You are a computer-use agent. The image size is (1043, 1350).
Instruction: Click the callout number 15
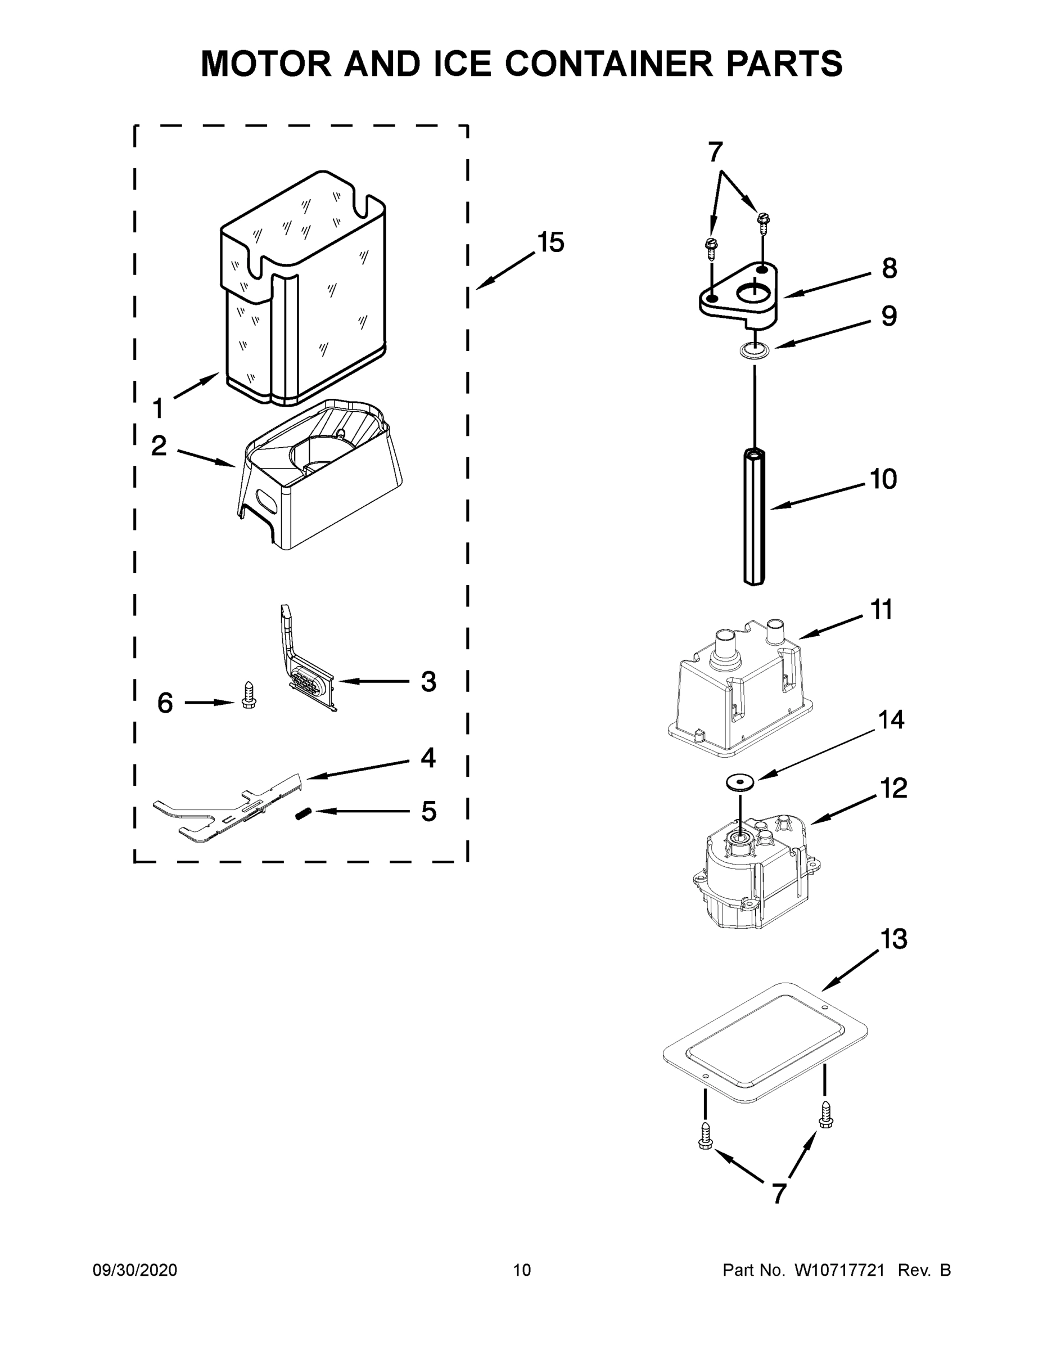point(550,242)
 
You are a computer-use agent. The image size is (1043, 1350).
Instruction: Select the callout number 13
point(893,939)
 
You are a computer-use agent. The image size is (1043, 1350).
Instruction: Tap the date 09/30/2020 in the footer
point(135,1270)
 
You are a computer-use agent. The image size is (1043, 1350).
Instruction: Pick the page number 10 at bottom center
point(522,1270)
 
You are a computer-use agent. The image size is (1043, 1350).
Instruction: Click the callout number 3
point(428,682)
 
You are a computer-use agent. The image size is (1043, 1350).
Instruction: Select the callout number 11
point(881,610)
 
